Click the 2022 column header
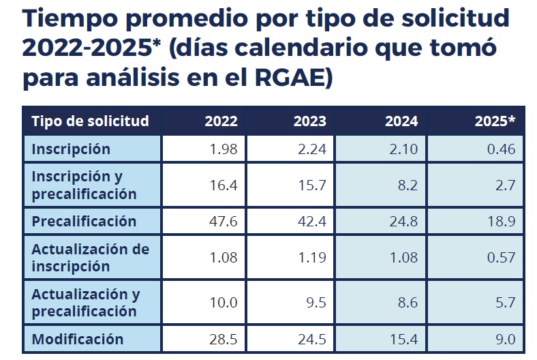[221, 122]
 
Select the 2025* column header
[495, 122]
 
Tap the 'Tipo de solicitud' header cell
[90, 122]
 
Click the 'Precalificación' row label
[84, 221]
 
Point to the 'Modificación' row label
[78, 339]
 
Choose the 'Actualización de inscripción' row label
[90, 257]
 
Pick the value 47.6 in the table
[223, 221]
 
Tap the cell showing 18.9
[499, 221]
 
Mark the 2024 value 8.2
[406, 185]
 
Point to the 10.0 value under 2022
[223, 303]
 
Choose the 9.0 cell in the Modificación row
[503, 339]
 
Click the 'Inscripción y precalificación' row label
[84, 185]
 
